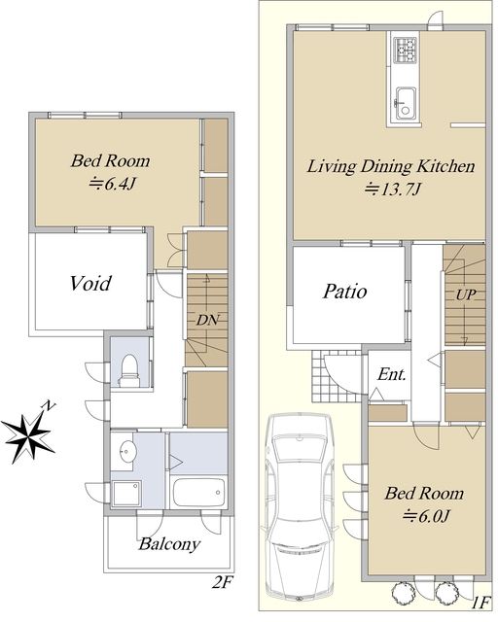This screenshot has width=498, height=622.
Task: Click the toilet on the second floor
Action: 129,370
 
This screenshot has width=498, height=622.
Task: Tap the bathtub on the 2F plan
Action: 199,492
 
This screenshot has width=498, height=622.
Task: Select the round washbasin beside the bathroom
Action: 126,451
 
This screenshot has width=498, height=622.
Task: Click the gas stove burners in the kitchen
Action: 405,50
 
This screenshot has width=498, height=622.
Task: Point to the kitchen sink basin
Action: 405,103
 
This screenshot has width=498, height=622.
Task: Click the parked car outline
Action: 299,505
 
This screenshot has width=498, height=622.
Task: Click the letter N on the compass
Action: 49,405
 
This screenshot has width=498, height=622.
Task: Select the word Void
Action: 90,283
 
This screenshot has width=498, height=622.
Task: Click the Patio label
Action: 344,292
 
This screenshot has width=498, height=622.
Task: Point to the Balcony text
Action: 169,543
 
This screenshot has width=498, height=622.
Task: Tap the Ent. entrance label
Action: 392,374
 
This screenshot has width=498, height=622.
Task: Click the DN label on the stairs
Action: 207,320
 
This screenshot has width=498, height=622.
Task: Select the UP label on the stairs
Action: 466,294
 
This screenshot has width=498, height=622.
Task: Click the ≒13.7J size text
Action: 393,190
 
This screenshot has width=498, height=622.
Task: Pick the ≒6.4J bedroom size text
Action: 113,184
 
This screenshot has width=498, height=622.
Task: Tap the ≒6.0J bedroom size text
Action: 426,516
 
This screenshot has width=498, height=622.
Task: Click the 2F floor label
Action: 222,582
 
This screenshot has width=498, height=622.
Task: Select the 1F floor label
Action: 481,603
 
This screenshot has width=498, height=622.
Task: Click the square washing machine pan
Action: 126,494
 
